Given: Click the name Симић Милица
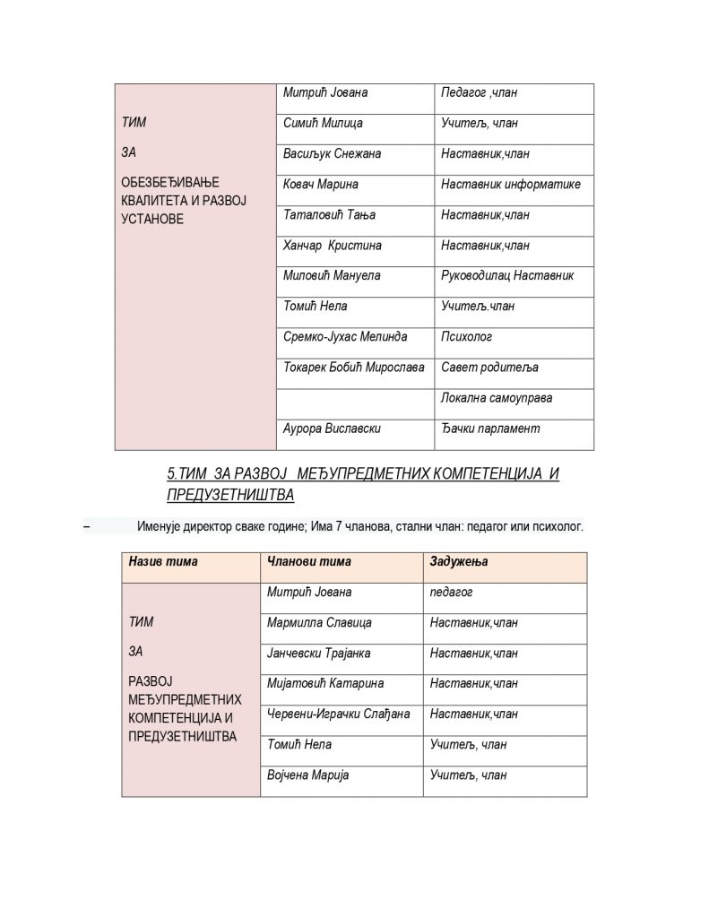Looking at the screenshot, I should click(323, 124).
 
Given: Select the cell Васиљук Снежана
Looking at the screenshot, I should click(332, 154).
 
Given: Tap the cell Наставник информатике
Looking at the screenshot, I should click(511, 185).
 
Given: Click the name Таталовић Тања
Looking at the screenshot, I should click(329, 215).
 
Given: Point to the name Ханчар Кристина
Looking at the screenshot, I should click(332, 246).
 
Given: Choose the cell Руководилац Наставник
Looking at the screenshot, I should click(507, 276).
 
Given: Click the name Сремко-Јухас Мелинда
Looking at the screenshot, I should click(345, 337).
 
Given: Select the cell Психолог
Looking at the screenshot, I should click(466, 337).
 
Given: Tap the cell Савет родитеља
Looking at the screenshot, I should click(489, 368).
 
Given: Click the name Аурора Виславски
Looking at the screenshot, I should click(332, 429).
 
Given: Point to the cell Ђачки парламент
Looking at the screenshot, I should click(490, 429).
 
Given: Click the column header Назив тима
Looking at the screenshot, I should click(163, 562).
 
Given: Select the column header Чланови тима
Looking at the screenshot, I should click(309, 562).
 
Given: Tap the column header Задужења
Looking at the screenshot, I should click(459, 562).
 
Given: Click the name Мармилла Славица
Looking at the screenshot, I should click(319, 623).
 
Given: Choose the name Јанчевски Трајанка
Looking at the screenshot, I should click(319, 654).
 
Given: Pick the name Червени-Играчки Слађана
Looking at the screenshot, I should click(339, 714).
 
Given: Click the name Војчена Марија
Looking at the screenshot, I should click(308, 775).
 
